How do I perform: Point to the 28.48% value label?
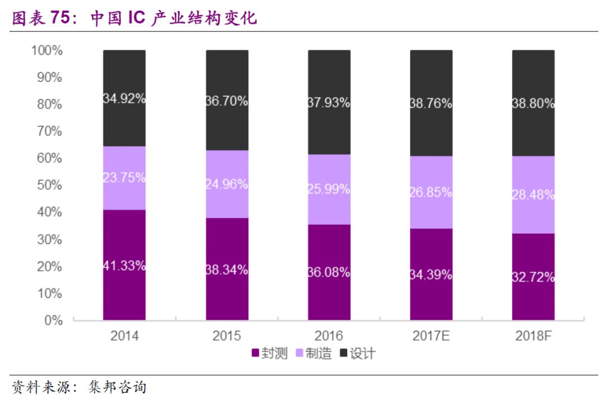[533, 195]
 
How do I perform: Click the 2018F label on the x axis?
[533, 336]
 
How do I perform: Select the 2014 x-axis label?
[124, 336]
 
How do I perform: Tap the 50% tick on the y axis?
[49, 185]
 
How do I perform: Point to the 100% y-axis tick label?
[46, 51]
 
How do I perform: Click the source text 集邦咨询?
[118, 387]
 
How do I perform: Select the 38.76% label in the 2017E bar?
[431, 104]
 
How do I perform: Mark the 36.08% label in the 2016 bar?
[329, 273]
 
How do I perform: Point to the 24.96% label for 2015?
[227, 184]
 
